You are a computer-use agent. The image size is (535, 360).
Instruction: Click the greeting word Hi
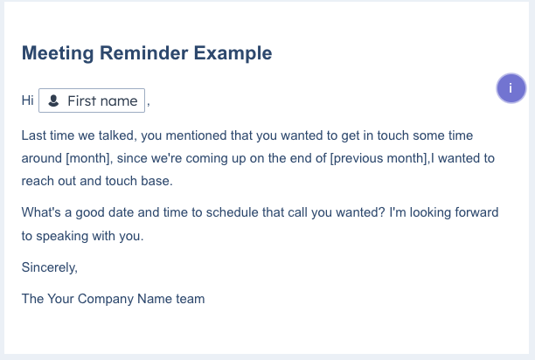(27, 101)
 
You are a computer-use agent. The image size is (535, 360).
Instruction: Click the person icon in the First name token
(53, 101)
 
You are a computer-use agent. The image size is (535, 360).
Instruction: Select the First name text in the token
(102, 101)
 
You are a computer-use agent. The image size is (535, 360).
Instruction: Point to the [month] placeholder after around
(88, 159)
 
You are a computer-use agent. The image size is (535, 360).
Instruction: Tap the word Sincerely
(50, 267)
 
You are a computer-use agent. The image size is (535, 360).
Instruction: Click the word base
(156, 182)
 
